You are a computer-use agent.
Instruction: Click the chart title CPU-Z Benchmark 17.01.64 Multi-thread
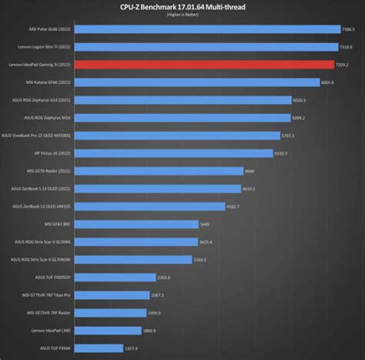tap(182, 7)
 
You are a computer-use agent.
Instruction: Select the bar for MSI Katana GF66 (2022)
tap(200, 82)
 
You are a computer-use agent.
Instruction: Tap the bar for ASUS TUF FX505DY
tap(116, 278)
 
